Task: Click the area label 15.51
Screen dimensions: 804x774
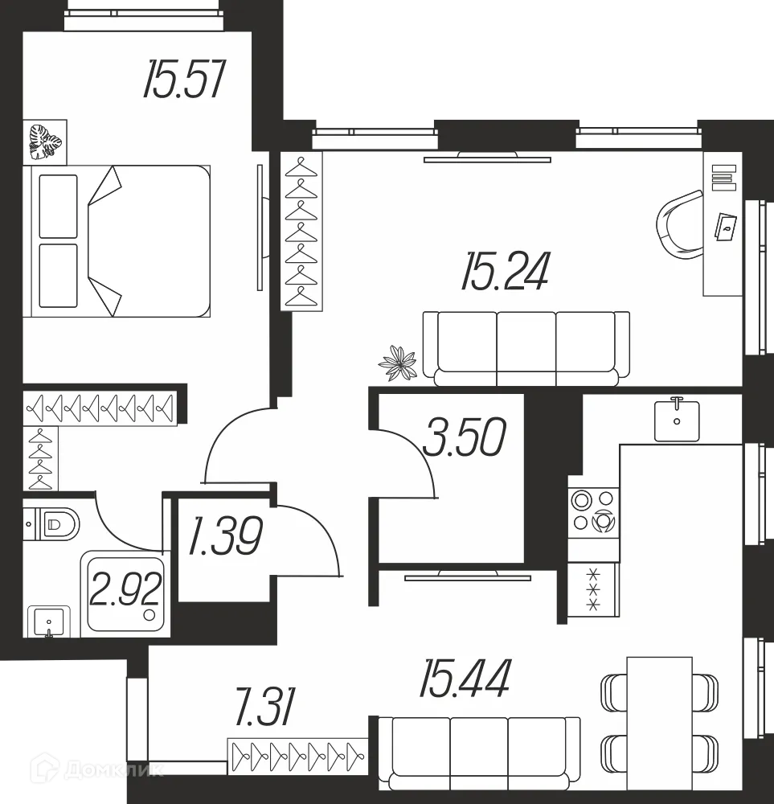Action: point(182,80)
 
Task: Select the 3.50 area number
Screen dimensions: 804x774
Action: point(465,438)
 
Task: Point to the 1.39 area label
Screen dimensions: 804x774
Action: point(225,536)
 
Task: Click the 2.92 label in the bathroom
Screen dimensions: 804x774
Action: point(126,592)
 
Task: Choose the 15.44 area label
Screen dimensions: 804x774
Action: point(465,679)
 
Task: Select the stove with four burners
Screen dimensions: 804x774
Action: point(593,512)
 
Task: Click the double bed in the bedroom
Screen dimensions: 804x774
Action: point(121,241)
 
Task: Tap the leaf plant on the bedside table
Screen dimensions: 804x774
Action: point(45,142)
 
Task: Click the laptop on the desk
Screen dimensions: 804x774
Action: point(727,226)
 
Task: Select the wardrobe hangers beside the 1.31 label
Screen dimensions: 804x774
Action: point(297,755)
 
